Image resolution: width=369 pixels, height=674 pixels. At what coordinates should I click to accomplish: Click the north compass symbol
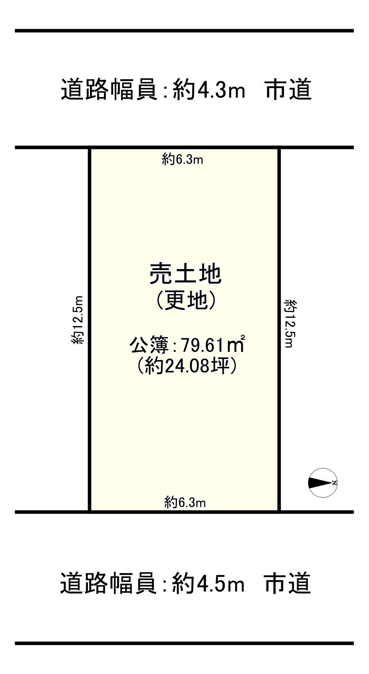coord(322,483)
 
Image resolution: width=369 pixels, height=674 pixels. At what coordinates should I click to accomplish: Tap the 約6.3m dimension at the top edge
coord(183,159)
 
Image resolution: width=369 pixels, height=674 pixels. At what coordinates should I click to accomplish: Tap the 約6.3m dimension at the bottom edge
coord(185,502)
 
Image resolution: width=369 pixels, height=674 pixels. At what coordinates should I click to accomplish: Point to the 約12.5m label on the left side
coord(77,320)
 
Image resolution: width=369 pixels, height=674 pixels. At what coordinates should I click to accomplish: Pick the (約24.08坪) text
coord(186,365)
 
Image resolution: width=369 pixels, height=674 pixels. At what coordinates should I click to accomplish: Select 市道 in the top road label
coord(288,90)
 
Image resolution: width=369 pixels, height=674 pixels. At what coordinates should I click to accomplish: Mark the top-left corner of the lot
coord(90,148)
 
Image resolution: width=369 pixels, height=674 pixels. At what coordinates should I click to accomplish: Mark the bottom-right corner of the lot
coord(279,512)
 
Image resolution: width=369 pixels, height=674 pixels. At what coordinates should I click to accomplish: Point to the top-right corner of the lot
coord(279,148)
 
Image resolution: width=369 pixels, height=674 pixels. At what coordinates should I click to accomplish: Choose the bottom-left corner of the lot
coord(90,512)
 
